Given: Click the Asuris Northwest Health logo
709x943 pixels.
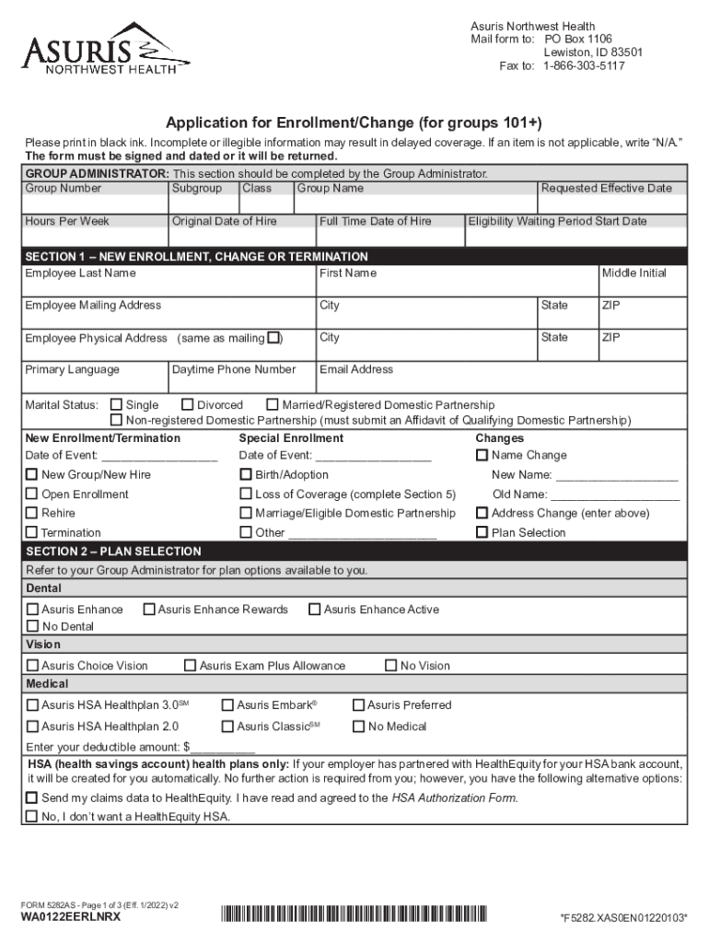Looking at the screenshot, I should point(104,49).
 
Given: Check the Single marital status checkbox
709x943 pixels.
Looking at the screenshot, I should point(116,404).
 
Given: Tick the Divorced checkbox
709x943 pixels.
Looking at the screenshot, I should point(188,404).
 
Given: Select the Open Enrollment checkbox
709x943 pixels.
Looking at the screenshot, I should point(32,495).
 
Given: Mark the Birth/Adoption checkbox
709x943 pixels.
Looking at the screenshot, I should point(246,475).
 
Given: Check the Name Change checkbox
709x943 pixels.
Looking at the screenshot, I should point(482,455).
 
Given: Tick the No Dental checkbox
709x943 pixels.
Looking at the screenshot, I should point(32,627).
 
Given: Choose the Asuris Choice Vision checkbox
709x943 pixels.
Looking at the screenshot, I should point(32,666).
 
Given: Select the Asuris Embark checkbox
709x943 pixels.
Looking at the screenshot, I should point(227,705).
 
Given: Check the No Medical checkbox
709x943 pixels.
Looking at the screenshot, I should point(359,727).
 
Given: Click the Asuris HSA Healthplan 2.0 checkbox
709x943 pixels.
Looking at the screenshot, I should point(32,727).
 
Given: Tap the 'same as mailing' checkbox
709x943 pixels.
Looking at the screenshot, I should point(273,338).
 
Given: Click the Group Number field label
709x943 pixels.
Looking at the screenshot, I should point(63,189).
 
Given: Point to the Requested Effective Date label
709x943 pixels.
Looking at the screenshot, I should point(606,189).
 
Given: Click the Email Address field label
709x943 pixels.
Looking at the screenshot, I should point(355,370).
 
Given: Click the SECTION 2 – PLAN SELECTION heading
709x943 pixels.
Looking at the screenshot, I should point(113,552).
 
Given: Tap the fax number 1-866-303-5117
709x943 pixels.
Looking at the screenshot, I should point(584,66).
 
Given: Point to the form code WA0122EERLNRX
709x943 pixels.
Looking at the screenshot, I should point(71,918).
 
